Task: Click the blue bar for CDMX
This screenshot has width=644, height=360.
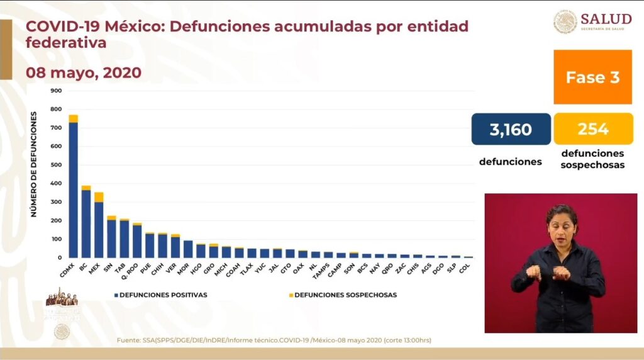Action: click(x=73, y=189)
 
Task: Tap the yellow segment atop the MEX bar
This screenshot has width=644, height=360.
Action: click(x=99, y=197)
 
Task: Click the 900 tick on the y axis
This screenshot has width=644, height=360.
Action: click(x=55, y=91)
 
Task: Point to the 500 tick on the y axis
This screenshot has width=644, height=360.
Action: click(x=55, y=165)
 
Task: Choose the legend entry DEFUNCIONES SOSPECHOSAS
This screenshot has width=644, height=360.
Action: click(x=345, y=295)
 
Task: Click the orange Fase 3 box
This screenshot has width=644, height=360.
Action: click(x=592, y=77)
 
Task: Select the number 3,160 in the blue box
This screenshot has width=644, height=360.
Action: click(x=511, y=130)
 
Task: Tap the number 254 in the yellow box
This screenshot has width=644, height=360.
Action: click(x=593, y=130)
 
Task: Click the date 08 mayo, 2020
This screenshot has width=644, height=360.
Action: click(x=83, y=73)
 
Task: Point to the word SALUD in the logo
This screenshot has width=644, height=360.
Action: click(x=606, y=19)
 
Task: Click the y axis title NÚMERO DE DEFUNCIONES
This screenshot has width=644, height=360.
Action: click(x=34, y=164)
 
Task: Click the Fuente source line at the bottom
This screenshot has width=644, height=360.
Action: click(x=274, y=340)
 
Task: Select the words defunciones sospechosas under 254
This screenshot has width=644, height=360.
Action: click(x=592, y=159)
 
